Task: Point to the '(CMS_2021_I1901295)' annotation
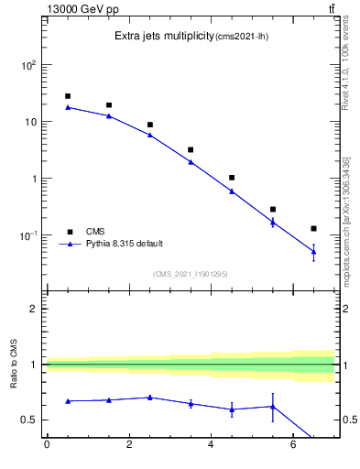191,274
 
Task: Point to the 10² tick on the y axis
29,66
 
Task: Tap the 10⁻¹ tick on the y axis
29,235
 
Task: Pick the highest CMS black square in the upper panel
68,96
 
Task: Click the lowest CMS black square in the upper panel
313,228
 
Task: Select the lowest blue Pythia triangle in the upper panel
313,251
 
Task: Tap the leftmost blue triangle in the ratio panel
68,401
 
